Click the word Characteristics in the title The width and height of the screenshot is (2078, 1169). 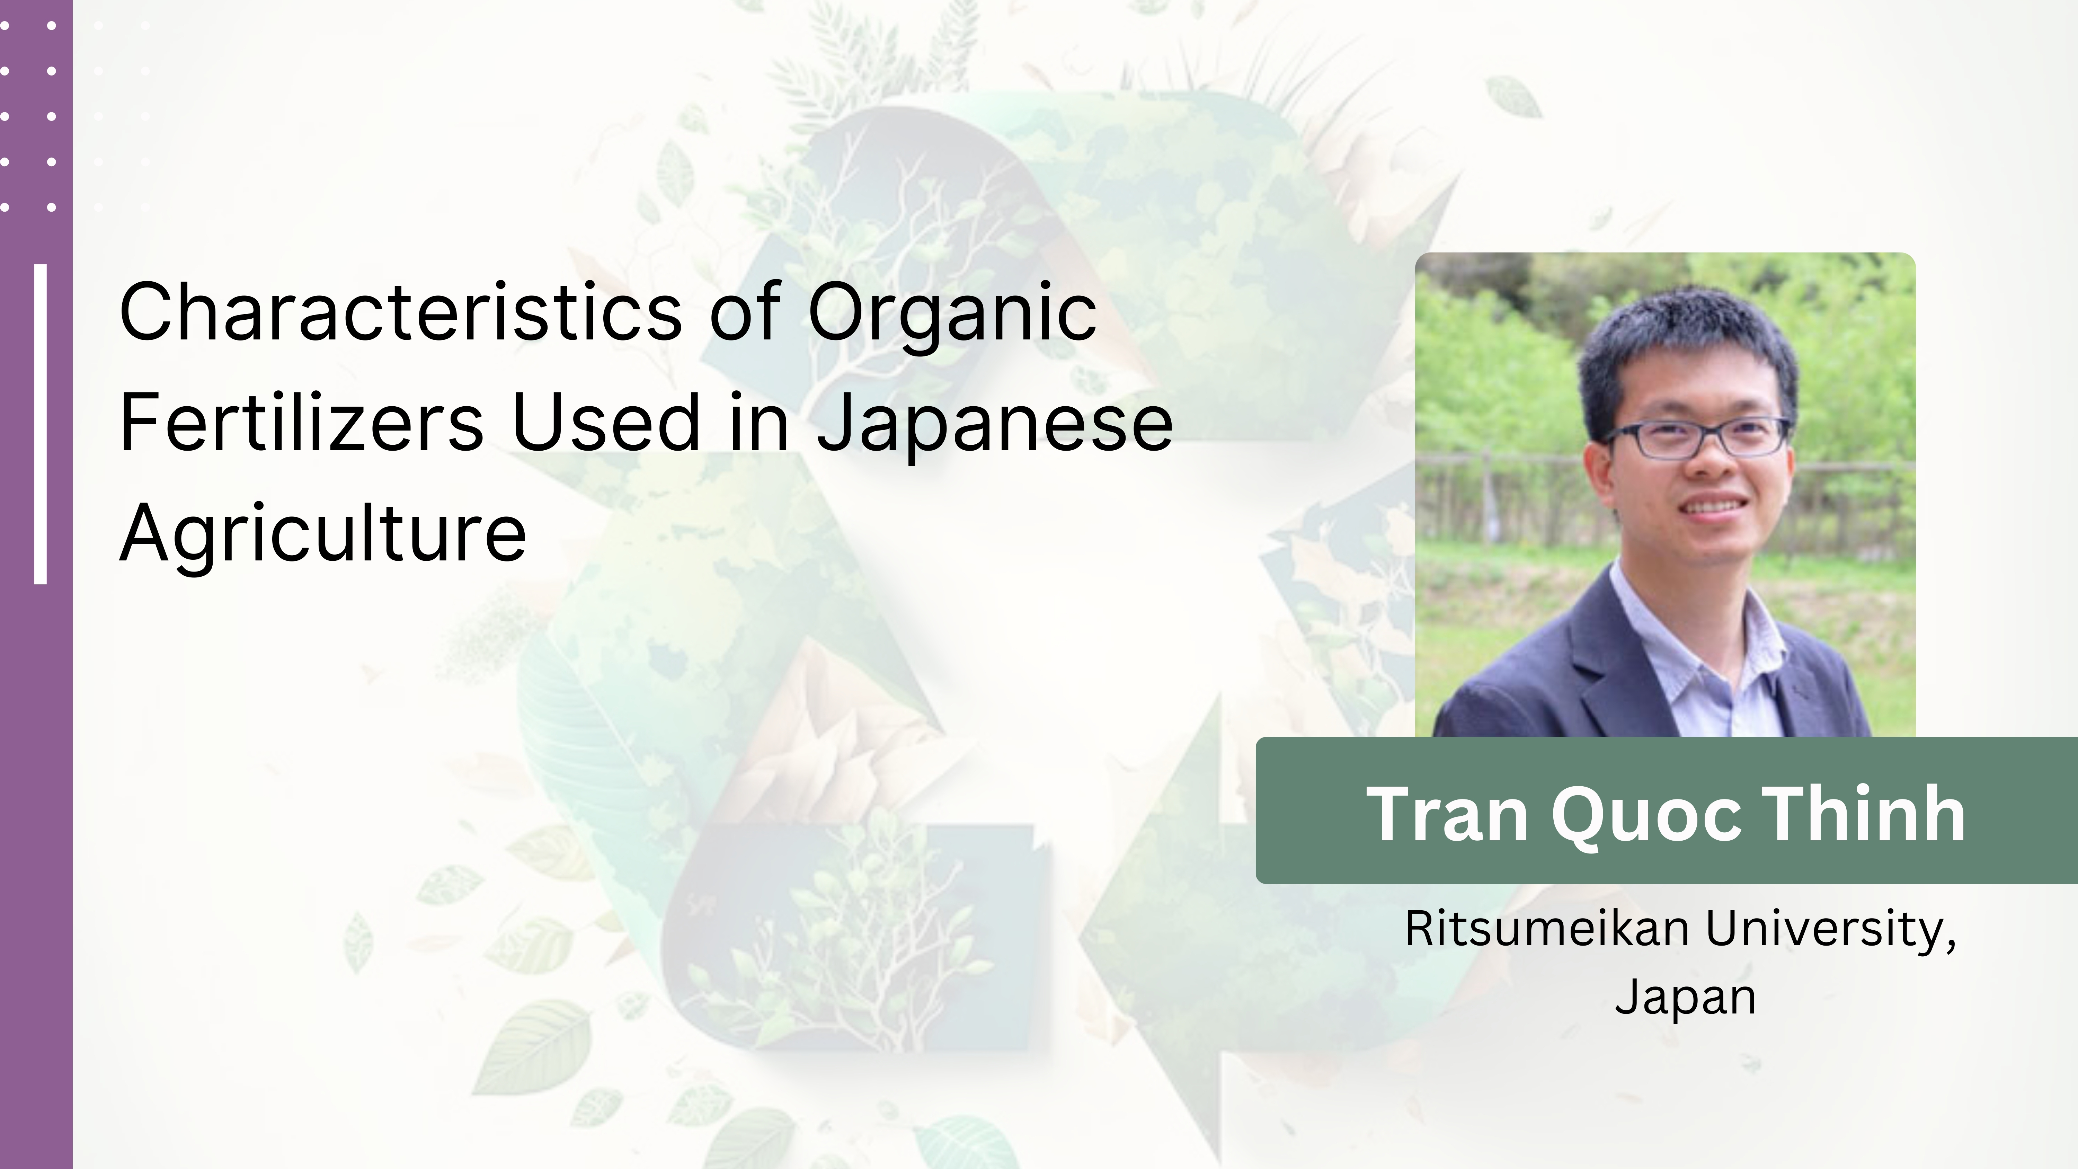click(x=401, y=311)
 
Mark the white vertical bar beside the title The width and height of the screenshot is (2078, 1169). click(x=40, y=424)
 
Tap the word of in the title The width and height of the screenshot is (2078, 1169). click(x=745, y=311)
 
